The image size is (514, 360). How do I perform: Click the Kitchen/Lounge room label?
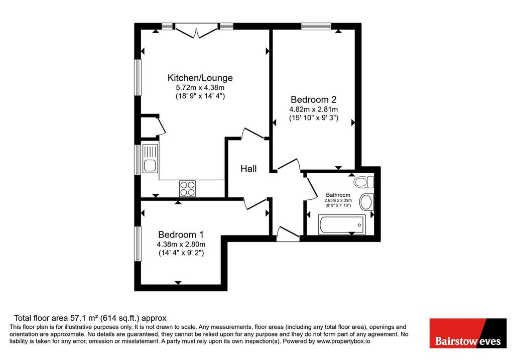tap(200, 78)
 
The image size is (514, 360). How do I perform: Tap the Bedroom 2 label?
tap(313, 99)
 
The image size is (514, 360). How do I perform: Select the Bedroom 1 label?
tap(181, 234)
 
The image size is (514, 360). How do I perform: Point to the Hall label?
tap(248, 169)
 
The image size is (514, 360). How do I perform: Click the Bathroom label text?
tap(338, 195)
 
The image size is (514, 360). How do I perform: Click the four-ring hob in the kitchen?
tap(188, 188)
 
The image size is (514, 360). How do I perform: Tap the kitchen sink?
tap(151, 159)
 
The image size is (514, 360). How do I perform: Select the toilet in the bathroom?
tap(364, 182)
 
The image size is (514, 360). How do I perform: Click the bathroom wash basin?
tap(367, 202)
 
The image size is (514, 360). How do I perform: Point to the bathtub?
tap(342, 225)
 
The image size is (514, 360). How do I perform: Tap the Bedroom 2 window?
tap(316, 26)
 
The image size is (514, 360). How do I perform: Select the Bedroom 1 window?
tap(138, 244)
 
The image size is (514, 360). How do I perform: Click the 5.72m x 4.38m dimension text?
tap(200, 87)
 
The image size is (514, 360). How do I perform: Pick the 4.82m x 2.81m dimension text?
tap(313, 109)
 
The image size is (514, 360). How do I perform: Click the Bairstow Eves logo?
tap(468, 333)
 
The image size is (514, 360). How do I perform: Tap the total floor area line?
tap(90, 318)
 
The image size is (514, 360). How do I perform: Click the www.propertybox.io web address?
tap(343, 341)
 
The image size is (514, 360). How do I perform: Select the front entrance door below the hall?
tap(288, 234)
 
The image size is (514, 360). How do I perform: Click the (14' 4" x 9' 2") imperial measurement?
tap(181, 253)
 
